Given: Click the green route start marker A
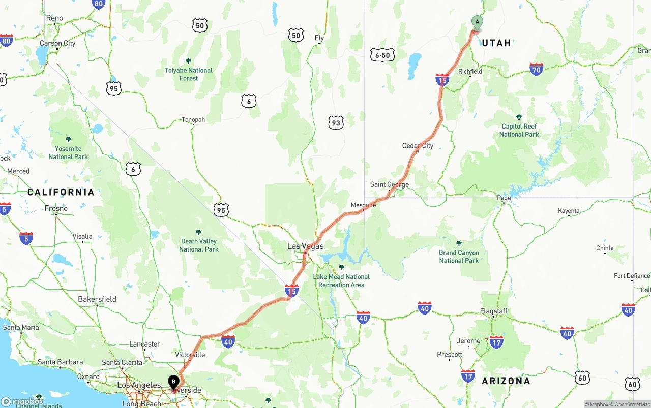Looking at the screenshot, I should point(477,22).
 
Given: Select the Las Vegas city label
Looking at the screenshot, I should point(305,246).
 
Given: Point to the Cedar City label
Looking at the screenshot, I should point(418,146).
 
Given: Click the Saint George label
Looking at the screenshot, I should point(389,184).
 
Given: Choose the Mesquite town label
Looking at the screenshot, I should point(363,205).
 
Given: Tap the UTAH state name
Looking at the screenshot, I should point(496,43).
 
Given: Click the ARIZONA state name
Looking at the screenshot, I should point(506,381).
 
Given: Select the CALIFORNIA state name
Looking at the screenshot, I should point(61,192).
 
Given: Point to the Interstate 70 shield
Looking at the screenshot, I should point(536,69).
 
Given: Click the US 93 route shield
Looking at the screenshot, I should point(336,122).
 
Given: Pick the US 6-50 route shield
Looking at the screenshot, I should point(382,55).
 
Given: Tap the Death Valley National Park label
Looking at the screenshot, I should point(198,245).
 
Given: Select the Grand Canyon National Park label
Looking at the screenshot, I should point(459,256).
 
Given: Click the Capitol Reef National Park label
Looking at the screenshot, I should point(519,130).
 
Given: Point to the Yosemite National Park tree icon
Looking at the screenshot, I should point(68,139).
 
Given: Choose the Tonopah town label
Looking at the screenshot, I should point(193,120).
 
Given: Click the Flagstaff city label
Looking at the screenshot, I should point(493,311).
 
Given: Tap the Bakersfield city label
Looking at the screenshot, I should point(97,299).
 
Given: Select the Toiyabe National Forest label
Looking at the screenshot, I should point(188,74).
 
